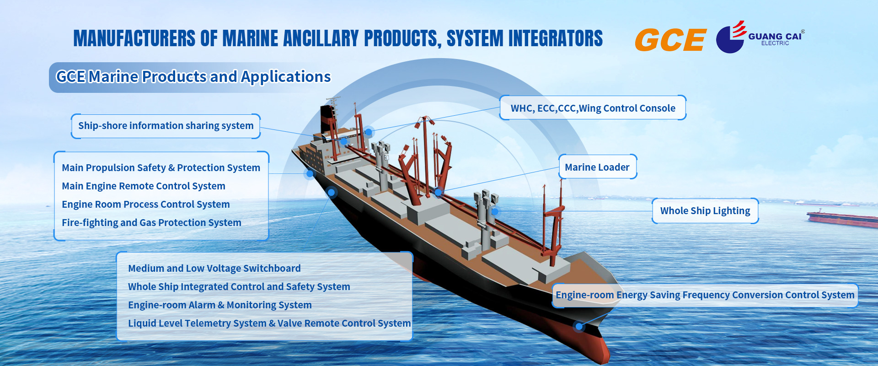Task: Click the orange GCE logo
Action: [670, 39]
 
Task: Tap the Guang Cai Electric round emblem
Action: [730, 40]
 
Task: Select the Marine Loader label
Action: [597, 167]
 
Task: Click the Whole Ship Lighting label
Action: [705, 211]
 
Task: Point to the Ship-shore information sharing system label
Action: [166, 126]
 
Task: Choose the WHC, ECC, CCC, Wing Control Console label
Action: [593, 108]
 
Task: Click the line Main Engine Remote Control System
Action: [144, 186]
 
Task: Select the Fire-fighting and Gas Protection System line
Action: [151, 223]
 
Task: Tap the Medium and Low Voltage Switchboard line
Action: [214, 269]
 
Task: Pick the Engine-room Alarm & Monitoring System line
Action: [219, 305]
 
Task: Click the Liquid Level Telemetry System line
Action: [269, 323]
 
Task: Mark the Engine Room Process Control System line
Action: [145, 205]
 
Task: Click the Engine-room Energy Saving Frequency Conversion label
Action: [705, 295]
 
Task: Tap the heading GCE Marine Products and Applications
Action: [193, 77]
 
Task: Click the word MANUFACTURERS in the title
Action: [134, 38]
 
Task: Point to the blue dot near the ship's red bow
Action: [579, 326]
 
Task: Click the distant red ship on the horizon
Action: [841, 218]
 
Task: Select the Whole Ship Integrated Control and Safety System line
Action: [239, 287]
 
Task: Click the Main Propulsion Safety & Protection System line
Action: [161, 168]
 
